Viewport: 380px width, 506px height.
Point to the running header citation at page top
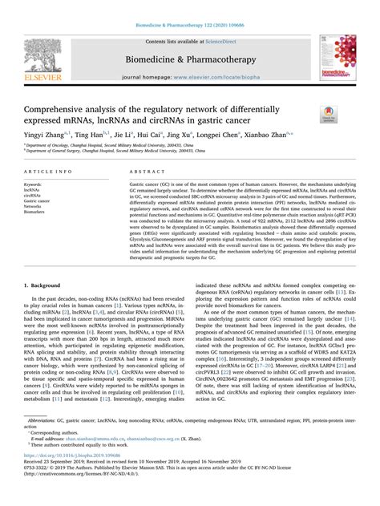pyautogui.click(x=190, y=9)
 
